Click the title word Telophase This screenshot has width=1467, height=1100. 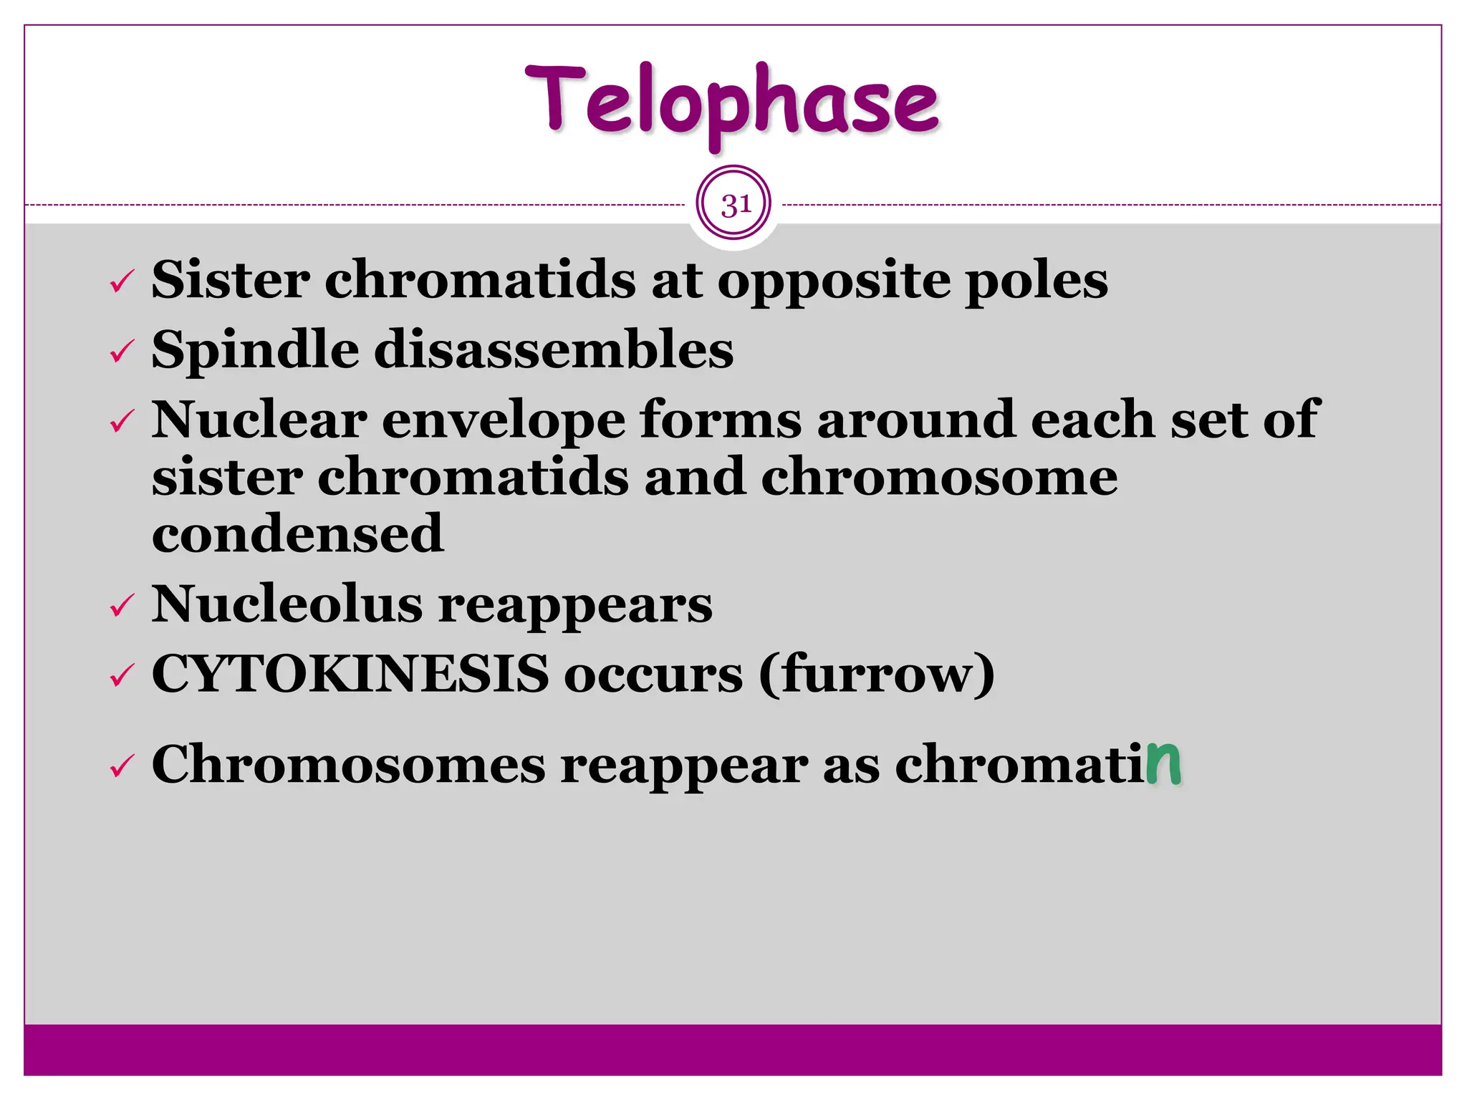coord(731,102)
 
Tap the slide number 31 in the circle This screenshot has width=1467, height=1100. coord(735,205)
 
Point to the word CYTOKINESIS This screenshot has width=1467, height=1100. coord(350,674)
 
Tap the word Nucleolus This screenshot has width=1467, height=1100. coord(287,604)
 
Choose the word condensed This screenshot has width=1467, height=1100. coord(298,534)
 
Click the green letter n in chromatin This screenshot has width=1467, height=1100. coord(1163,763)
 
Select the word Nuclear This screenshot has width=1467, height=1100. coord(259,420)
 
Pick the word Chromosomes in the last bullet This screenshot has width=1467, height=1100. coord(348,765)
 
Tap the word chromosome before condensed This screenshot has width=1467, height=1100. coord(938,478)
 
